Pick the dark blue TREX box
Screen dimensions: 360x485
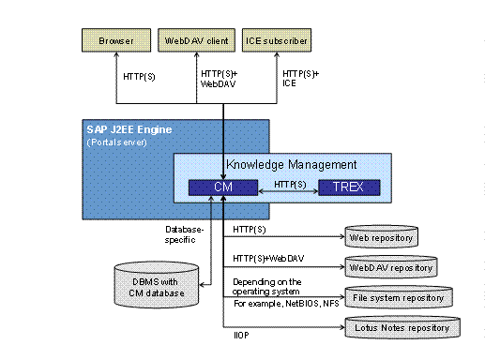[x=347, y=187]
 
